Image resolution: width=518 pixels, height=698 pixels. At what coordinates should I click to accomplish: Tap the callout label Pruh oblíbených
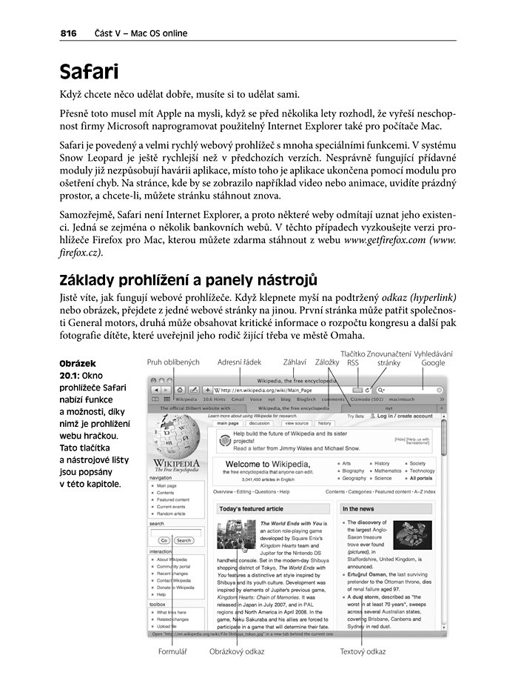pos(173,362)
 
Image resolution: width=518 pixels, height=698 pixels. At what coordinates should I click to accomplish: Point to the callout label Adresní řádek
pos(239,362)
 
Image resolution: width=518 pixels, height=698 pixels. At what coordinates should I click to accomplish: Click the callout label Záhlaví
pos(295,362)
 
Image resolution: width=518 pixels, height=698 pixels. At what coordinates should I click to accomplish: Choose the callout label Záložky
pos(327,362)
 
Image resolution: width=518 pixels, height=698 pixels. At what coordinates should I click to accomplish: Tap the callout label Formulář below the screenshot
pos(172,652)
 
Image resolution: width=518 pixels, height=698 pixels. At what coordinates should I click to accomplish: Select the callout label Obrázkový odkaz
pos(237,652)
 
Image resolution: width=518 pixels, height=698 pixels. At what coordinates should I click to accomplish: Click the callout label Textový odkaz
pos(363,652)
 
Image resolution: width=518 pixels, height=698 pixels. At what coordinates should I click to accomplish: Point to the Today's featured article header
pos(251,509)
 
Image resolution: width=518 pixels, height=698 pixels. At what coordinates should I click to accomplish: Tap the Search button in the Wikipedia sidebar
pos(184,541)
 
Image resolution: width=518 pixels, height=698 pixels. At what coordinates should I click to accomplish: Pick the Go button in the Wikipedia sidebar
pos(163,541)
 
